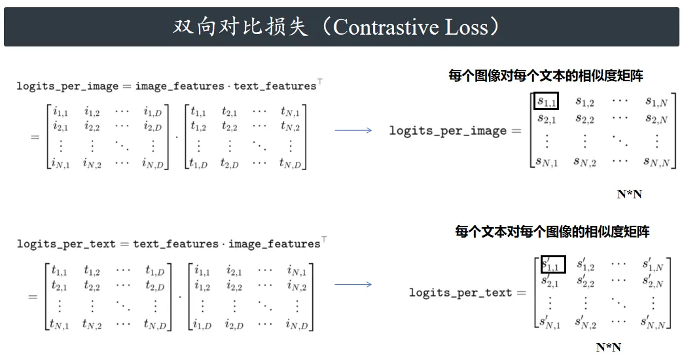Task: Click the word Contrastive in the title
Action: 385,27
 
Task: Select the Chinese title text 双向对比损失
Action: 241,27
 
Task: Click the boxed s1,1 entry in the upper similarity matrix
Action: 546,101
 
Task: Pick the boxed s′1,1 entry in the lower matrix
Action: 553,264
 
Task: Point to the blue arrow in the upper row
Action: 353,130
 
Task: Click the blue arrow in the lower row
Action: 353,285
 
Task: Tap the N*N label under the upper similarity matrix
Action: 630,194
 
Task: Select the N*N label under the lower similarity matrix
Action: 609,348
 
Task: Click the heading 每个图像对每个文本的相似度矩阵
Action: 546,76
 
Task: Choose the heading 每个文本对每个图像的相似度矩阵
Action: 552,231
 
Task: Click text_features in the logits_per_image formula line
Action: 275,86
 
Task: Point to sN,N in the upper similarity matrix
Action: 657,162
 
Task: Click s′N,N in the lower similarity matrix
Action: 653,323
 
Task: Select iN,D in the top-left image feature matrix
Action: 153,163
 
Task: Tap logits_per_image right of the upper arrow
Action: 448,130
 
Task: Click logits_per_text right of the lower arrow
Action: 460,293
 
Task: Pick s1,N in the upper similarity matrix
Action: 657,102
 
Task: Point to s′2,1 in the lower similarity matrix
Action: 550,281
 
